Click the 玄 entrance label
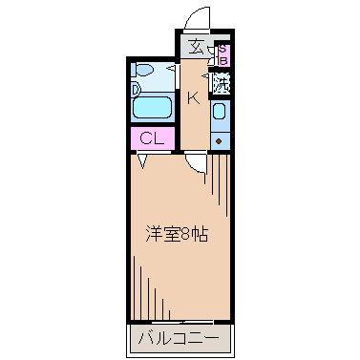pyautogui.click(x=197, y=47)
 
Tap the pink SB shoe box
pyautogui.click(x=223, y=54)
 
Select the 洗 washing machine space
pyautogui.click(x=222, y=83)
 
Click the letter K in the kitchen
pyautogui.click(x=193, y=97)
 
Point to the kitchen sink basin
pyautogui.click(x=220, y=111)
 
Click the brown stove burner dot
pyautogui.click(x=219, y=141)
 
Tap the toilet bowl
pyautogui.click(x=144, y=70)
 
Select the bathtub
pyautogui.click(x=153, y=108)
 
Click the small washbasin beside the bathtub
pyautogui.click(x=136, y=90)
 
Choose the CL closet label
pyautogui.click(x=152, y=138)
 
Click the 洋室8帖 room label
pyautogui.click(x=177, y=234)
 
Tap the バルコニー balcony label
pyautogui.click(x=179, y=338)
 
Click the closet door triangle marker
pyautogui.click(x=142, y=161)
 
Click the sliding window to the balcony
pyautogui.click(x=184, y=322)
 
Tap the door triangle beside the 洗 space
pyautogui.click(x=206, y=76)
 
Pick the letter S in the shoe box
pyautogui.click(x=223, y=49)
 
